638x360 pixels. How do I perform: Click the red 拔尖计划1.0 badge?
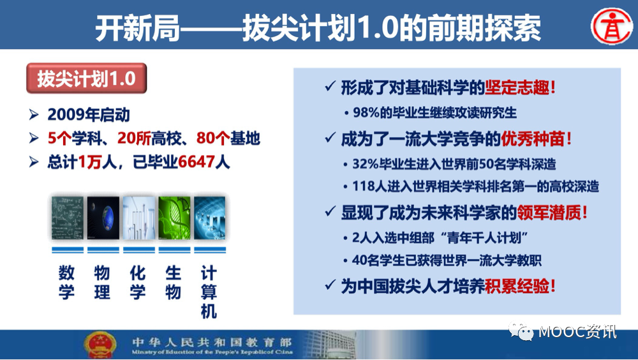86,78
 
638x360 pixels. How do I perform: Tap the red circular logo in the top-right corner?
611,26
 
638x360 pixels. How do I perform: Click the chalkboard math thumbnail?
68,218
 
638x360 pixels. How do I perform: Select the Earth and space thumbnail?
103,218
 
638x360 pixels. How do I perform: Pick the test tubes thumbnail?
138,218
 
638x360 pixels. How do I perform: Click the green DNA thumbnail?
175,218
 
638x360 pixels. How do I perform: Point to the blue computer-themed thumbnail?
209,218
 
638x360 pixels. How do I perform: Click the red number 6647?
197,162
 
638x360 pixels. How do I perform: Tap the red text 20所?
134,139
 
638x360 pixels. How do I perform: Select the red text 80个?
213,139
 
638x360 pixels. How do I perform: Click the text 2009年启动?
89,115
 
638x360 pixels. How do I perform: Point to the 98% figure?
366,112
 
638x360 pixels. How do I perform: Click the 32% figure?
366,163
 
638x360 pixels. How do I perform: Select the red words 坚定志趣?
517,87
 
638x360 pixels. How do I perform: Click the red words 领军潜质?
549,213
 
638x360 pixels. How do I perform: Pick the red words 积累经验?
517,287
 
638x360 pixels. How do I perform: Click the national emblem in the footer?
100,345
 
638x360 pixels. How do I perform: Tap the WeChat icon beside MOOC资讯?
521,331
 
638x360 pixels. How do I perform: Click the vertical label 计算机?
209,292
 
